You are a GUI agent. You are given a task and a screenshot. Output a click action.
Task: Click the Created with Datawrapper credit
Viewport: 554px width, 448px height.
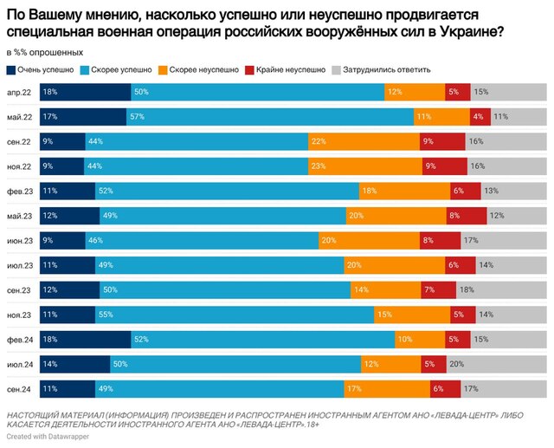pos(45,438)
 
